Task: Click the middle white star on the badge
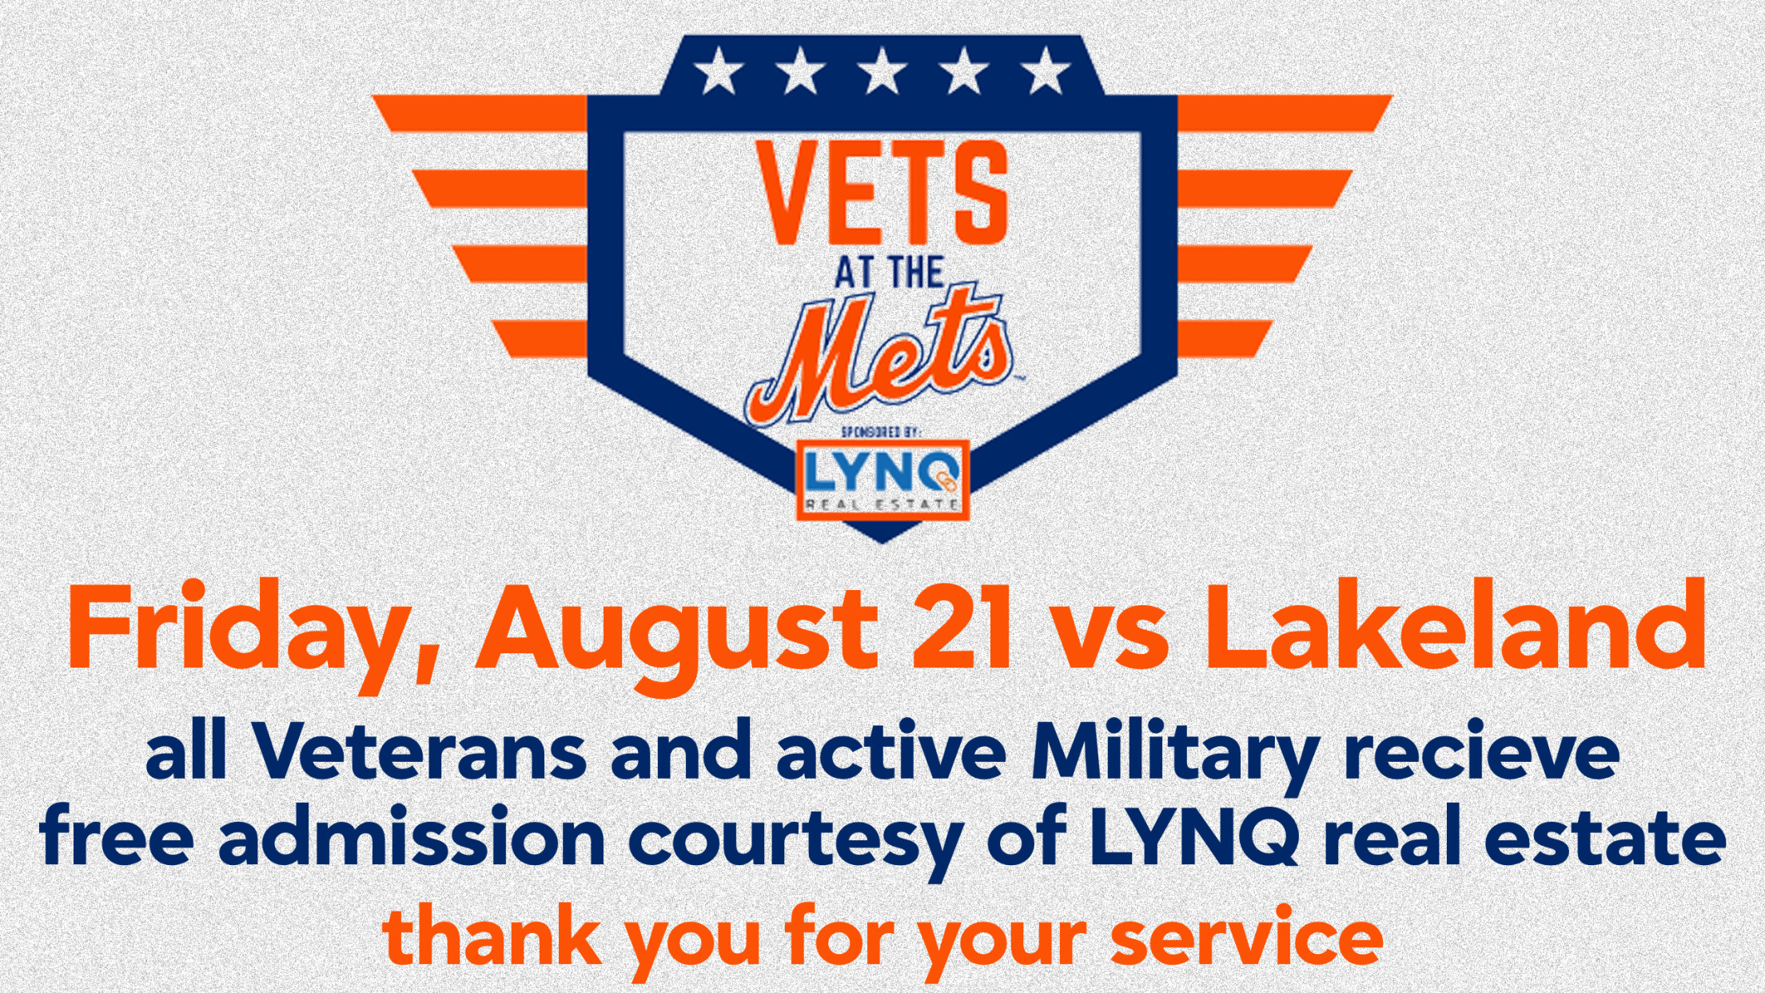pos(882,70)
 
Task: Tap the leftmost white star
pos(718,70)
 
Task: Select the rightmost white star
pos(1045,70)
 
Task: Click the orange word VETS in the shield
pos(882,192)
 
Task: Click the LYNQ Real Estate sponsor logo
pos(882,480)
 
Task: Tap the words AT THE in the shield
pos(890,273)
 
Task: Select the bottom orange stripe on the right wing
pos(1224,338)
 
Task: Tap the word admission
pos(412,836)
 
